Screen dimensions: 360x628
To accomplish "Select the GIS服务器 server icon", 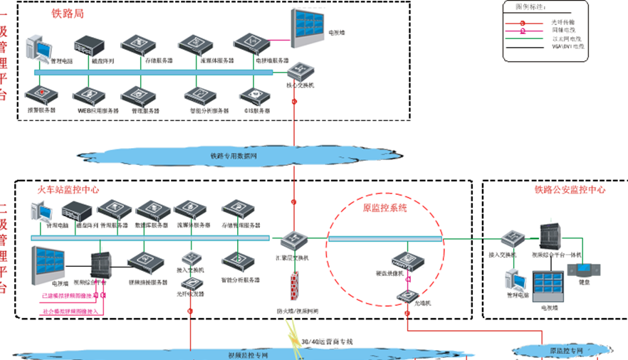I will point(253,95).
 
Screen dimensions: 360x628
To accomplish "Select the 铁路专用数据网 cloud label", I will point(234,156).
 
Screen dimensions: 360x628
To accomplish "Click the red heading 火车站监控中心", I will point(68,190).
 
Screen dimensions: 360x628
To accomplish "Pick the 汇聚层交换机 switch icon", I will point(293,240).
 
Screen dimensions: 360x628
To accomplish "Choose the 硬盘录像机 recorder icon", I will point(404,260).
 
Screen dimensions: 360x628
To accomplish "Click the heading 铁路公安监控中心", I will point(570,190).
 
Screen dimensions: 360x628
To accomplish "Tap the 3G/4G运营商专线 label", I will point(328,342).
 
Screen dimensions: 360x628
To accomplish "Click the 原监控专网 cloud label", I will point(566,351).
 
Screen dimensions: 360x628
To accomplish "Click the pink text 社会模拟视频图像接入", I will point(71,311).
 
